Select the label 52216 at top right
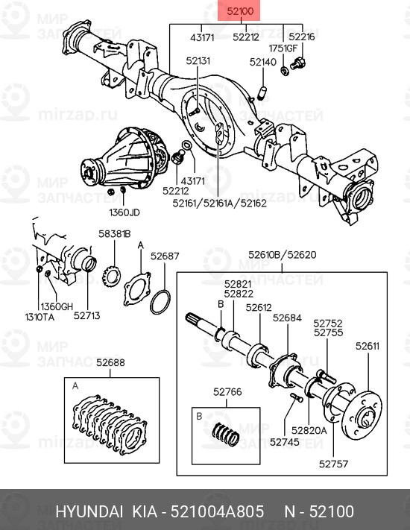click(x=302, y=36)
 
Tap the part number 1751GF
click(x=283, y=47)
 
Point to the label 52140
click(x=263, y=62)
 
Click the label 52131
click(x=198, y=62)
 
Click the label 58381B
click(x=114, y=233)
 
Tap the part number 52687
click(x=165, y=256)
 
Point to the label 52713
click(x=86, y=316)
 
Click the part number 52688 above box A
click(x=110, y=363)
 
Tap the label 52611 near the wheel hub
click(x=367, y=346)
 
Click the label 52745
click(x=285, y=441)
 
